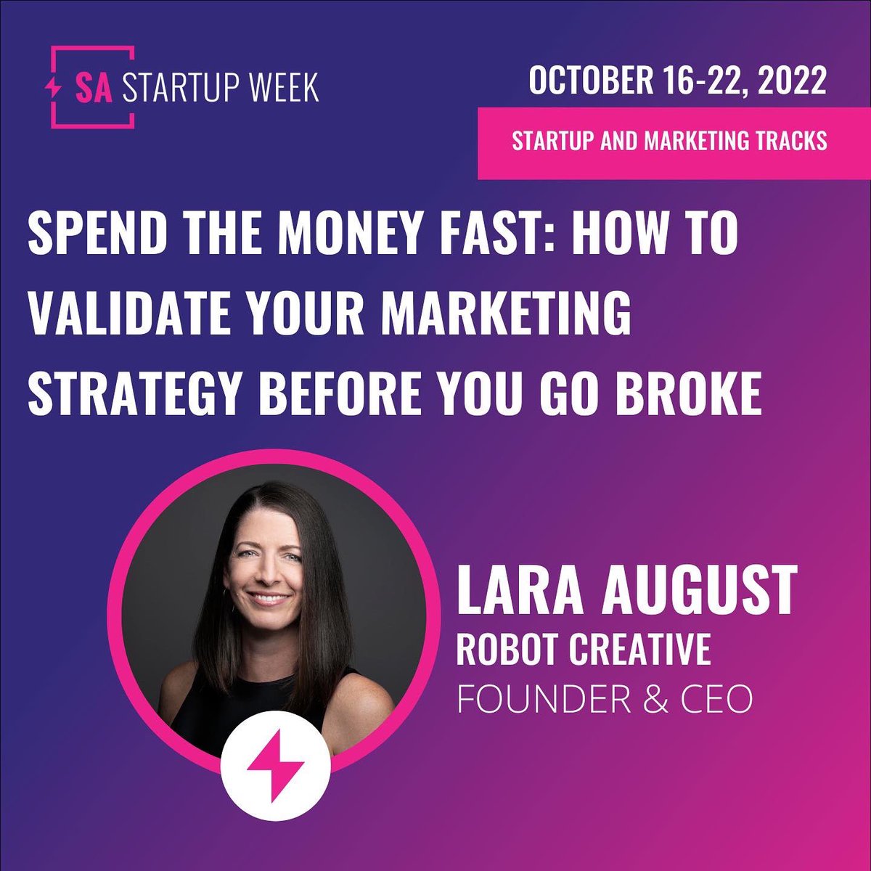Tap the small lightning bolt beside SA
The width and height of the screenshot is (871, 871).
54,86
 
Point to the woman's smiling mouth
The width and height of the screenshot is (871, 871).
269,600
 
